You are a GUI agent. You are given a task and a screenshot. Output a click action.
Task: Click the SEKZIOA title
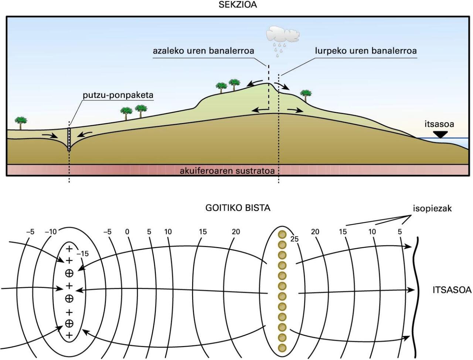pyautogui.click(x=238, y=5)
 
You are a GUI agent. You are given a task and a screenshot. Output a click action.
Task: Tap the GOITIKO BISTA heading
pyautogui.click(x=238, y=208)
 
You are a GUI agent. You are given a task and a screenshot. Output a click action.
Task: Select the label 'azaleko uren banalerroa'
pyautogui.click(x=203, y=51)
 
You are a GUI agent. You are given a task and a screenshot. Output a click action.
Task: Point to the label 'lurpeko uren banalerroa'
pyautogui.click(x=366, y=51)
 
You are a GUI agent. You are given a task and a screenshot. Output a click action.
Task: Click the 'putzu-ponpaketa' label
pyautogui.click(x=118, y=95)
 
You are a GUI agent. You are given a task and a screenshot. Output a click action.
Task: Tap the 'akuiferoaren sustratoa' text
pyautogui.click(x=227, y=171)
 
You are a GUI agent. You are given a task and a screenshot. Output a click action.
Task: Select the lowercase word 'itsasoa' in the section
pyautogui.click(x=439, y=124)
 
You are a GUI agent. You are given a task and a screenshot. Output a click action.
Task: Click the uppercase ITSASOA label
pyautogui.click(x=452, y=290)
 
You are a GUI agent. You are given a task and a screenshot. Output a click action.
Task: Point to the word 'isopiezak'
pyautogui.click(x=432, y=209)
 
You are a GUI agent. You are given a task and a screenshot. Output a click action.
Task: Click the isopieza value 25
pyautogui.click(x=295, y=239)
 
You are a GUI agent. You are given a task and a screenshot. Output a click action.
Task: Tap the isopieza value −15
pyautogui.click(x=82, y=254)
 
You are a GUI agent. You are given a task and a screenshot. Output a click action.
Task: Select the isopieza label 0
pyautogui.click(x=127, y=232)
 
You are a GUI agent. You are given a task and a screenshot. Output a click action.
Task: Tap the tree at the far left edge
pyautogui.click(x=21, y=123)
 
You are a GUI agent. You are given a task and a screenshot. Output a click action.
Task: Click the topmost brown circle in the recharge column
pyautogui.click(x=282, y=234)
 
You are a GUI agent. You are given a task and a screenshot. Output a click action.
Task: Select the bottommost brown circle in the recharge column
pyautogui.click(x=282, y=348)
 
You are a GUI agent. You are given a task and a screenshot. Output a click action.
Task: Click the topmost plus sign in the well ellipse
pyautogui.click(x=69, y=249)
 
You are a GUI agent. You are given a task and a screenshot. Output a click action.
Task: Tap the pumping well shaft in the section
pyautogui.click(x=69, y=139)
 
